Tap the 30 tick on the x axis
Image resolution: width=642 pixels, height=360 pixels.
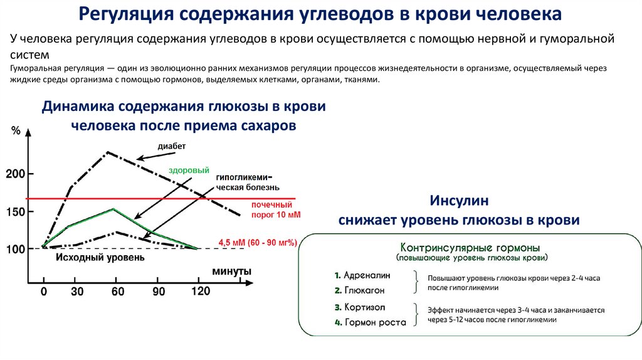click(77, 292)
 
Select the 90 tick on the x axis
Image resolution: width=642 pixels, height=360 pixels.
click(159, 292)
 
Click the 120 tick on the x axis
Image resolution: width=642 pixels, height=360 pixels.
click(200, 292)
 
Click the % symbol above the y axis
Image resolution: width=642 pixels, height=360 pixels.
click(16, 131)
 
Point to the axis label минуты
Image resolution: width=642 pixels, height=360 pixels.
click(232, 272)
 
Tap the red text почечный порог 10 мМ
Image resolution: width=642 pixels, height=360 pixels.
click(272, 209)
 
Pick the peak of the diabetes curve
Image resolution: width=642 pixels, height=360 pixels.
click(108, 152)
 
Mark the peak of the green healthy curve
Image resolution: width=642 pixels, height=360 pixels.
click(113, 209)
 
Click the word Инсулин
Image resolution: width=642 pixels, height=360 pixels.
click(459, 201)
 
